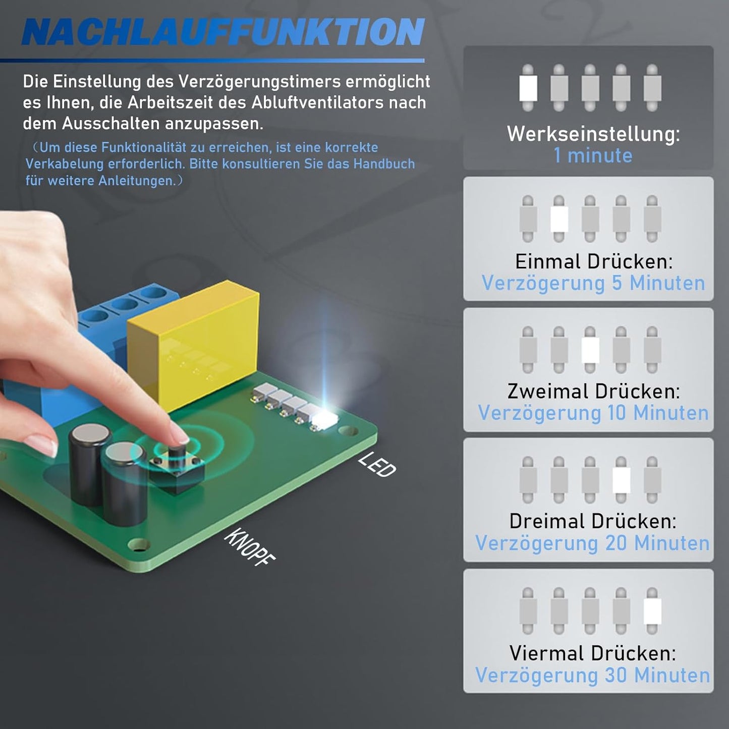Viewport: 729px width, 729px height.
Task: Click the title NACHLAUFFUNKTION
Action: click(x=223, y=32)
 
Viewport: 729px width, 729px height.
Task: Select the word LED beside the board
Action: click(x=377, y=465)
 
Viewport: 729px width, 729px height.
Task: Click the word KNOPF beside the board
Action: click(x=249, y=547)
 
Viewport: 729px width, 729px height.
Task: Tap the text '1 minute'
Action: click(x=593, y=155)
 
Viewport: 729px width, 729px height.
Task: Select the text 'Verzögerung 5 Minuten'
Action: click(x=593, y=283)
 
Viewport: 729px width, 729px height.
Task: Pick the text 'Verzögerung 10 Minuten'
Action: click(x=593, y=413)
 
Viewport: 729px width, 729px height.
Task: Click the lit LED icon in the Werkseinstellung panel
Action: click(x=528, y=88)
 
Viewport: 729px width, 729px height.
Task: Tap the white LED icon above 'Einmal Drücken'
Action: click(x=559, y=219)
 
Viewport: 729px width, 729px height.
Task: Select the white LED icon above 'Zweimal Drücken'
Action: click(x=590, y=350)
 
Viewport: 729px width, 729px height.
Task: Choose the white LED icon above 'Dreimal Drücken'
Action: click(x=621, y=480)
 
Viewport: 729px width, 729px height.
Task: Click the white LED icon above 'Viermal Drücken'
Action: click(x=652, y=611)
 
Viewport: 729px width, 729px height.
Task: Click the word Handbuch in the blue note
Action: click(x=384, y=164)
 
